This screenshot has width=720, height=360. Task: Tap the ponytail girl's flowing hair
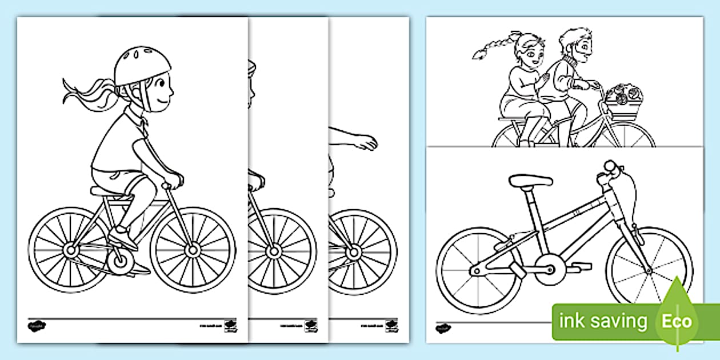point(86,93)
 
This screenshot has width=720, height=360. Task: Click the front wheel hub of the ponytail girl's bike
point(193,250)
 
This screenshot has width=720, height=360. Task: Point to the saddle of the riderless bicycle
point(530,181)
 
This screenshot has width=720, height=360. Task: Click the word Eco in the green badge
point(677,321)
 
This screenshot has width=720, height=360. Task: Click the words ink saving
point(603,321)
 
